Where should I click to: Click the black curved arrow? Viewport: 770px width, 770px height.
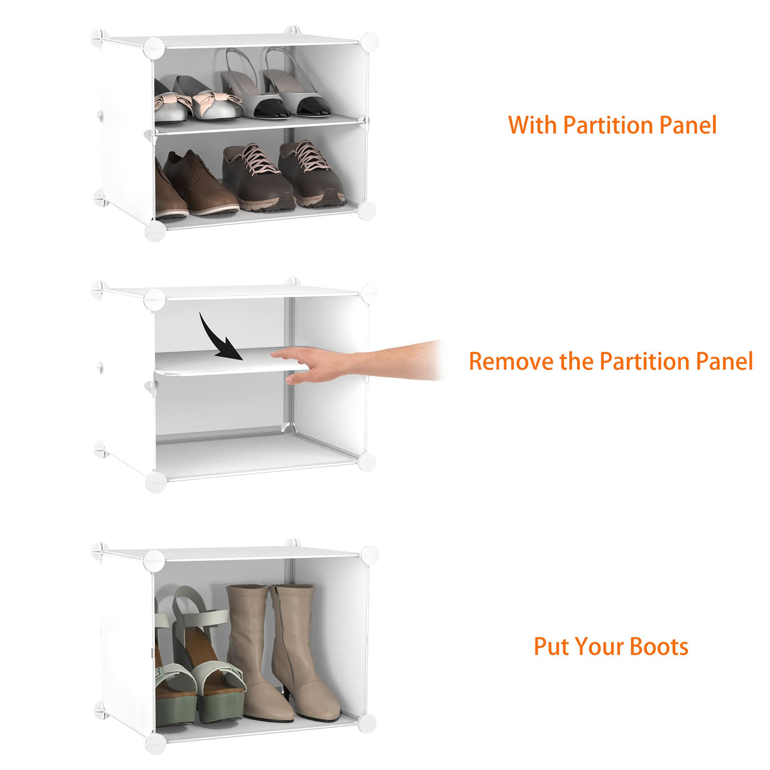(219, 338)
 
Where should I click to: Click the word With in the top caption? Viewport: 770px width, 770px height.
(533, 125)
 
